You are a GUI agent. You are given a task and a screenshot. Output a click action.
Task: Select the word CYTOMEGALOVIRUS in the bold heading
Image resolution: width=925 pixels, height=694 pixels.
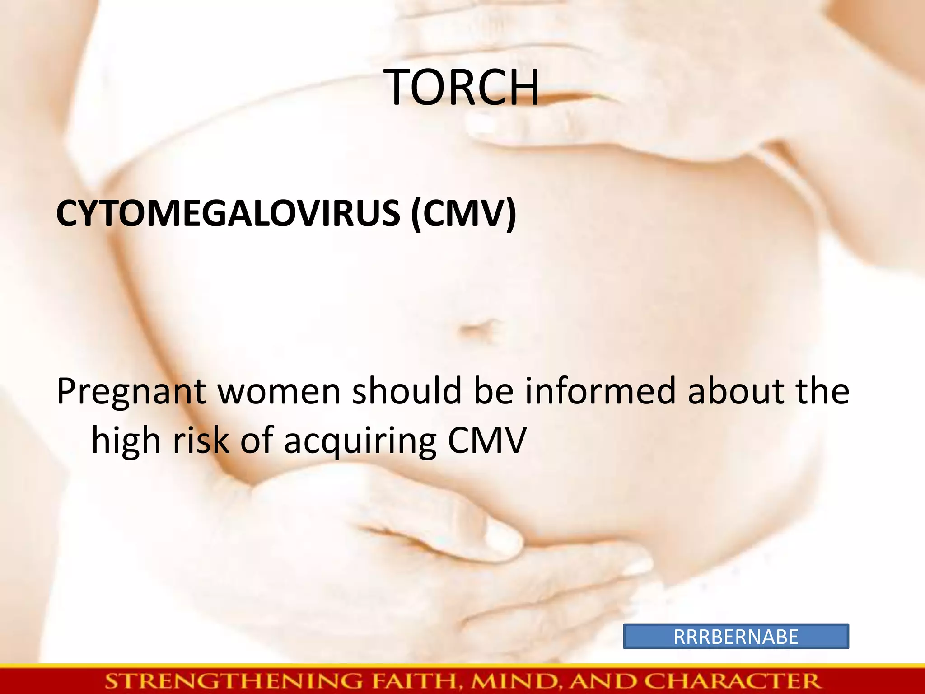coord(228,213)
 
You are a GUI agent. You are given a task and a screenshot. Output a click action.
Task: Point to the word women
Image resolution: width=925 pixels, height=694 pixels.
coord(279,391)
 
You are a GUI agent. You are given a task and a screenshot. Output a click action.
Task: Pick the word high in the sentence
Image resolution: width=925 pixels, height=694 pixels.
coord(126,441)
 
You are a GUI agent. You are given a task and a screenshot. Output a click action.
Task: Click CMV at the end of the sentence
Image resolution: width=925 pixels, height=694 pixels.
coord(487,440)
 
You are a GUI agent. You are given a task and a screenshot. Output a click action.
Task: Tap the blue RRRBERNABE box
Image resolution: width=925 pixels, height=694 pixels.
coord(736,637)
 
